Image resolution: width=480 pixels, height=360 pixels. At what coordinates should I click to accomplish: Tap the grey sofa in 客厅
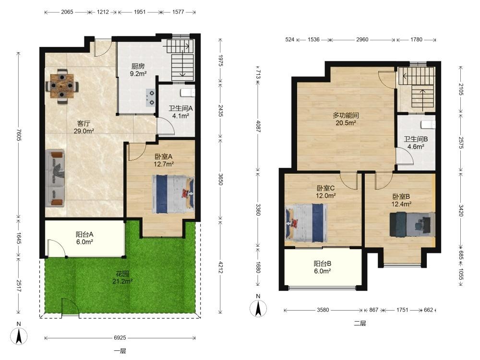[x=55, y=178]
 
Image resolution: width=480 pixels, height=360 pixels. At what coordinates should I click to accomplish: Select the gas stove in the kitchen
[x=151, y=97]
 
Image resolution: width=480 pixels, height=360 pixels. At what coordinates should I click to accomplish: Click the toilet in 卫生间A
[x=188, y=93]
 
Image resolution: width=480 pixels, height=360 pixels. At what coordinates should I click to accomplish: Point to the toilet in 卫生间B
[x=428, y=124]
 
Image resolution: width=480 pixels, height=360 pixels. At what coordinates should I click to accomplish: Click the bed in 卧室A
[x=173, y=194]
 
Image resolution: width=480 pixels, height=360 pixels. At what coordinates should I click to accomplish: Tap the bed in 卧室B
[x=412, y=224]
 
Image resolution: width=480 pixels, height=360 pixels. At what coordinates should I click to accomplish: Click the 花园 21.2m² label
[x=122, y=277]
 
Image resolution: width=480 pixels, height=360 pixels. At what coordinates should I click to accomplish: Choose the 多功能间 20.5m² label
[x=346, y=119]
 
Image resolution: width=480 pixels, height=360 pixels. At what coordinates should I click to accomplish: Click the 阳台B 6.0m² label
[x=323, y=267]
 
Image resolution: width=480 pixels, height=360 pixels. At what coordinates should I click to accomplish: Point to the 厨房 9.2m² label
[x=138, y=70]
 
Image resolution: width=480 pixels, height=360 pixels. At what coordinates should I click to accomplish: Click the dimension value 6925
[x=120, y=337]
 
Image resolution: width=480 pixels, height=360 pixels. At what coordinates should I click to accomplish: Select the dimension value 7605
[x=18, y=135]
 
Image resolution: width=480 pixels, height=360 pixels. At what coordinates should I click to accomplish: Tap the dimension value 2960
[x=362, y=39]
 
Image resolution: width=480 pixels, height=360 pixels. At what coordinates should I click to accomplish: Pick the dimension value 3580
[x=323, y=310]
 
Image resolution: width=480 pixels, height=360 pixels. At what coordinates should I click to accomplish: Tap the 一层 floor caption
[x=120, y=351]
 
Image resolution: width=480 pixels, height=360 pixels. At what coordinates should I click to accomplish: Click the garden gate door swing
[x=71, y=306]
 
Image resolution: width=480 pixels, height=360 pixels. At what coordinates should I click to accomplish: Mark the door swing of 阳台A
[x=57, y=249]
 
